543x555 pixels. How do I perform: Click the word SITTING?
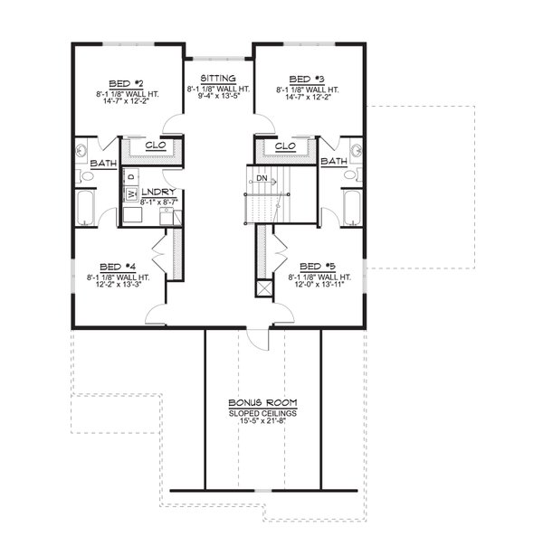(x=218, y=80)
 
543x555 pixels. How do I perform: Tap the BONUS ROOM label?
(x=262, y=402)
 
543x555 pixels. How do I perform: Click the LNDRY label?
(x=157, y=192)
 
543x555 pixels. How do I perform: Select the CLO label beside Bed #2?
(x=154, y=145)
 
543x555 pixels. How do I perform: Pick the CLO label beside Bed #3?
(x=285, y=146)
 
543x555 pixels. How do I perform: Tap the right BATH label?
(x=334, y=161)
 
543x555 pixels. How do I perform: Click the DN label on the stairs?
(x=261, y=178)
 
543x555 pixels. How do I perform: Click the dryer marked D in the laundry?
(x=130, y=176)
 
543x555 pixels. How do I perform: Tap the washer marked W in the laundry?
(x=130, y=193)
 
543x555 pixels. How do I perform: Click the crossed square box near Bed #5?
(x=265, y=288)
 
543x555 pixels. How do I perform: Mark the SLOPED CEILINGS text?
(x=262, y=412)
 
